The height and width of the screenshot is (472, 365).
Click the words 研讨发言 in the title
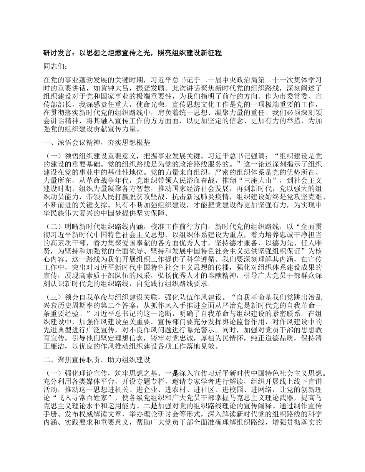(x=58, y=53)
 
